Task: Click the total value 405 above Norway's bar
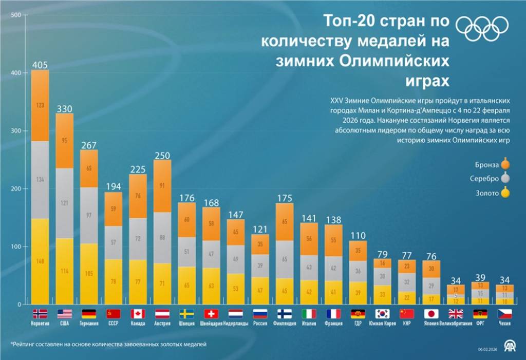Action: pos(40,65)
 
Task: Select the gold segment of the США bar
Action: pos(64,271)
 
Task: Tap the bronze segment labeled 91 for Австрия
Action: pos(162,186)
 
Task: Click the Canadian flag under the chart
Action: pos(138,313)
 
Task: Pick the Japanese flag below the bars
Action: pos(431,313)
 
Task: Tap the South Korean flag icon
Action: pos(382,313)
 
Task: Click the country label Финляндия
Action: pos(285,324)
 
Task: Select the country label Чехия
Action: pos(504,324)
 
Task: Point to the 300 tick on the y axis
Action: pos(15,131)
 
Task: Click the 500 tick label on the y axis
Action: pos(15,15)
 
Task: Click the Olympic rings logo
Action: pos(482,28)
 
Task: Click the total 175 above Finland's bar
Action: pos(285,197)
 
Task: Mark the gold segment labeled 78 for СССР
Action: pos(113,281)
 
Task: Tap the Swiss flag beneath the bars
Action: pos(211,313)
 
